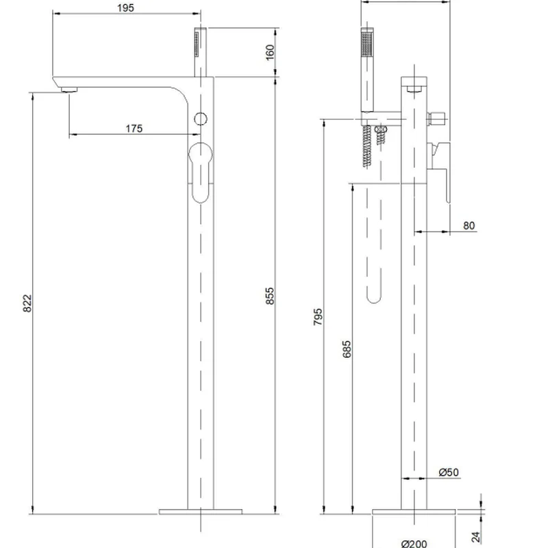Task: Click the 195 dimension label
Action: [125, 8]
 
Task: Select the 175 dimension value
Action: [134, 128]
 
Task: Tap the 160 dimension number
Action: [270, 53]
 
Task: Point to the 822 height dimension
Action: [27, 303]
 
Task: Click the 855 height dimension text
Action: [270, 296]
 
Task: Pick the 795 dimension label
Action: [318, 317]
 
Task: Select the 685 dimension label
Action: [347, 349]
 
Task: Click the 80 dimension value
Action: [469, 225]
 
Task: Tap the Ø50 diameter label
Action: [449, 472]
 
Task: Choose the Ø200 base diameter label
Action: [414, 543]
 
